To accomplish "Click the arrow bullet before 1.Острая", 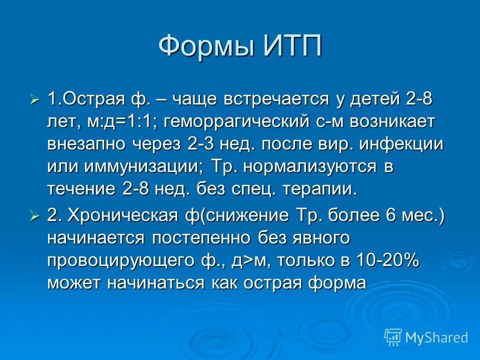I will tap(34, 100).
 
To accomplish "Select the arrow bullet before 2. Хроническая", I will tap(34, 216).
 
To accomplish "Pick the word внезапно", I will tap(87, 144).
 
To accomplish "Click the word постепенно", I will tap(202, 238).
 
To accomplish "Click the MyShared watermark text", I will tap(436, 338).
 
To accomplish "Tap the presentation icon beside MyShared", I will tap(392, 337).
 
